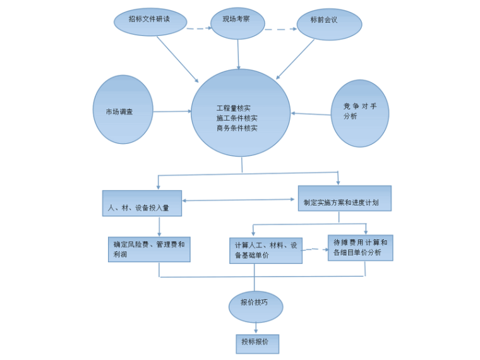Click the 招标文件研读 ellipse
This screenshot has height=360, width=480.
click(150, 21)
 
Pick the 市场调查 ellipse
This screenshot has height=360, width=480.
click(123, 110)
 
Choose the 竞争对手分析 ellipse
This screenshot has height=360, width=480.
click(359, 113)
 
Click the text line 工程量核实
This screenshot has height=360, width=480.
click(233, 108)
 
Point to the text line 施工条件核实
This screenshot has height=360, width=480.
click(237, 118)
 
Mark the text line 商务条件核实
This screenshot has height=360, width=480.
click(237, 128)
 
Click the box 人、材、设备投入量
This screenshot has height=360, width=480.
click(142, 203)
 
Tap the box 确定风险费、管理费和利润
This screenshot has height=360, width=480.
click(149, 249)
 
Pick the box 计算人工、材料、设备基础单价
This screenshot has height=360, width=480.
click(265, 251)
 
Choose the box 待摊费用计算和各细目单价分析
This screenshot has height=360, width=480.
click(360, 247)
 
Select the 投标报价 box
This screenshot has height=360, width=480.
click(256, 344)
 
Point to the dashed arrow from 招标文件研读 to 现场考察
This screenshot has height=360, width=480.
click(198, 28)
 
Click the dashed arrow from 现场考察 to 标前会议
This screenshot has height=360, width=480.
click(280, 29)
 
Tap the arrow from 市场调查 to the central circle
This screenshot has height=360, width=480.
click(172, 112)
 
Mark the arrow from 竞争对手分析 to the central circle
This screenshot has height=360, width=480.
click(311, 114)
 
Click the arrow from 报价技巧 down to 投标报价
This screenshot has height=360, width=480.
click(256, 328)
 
